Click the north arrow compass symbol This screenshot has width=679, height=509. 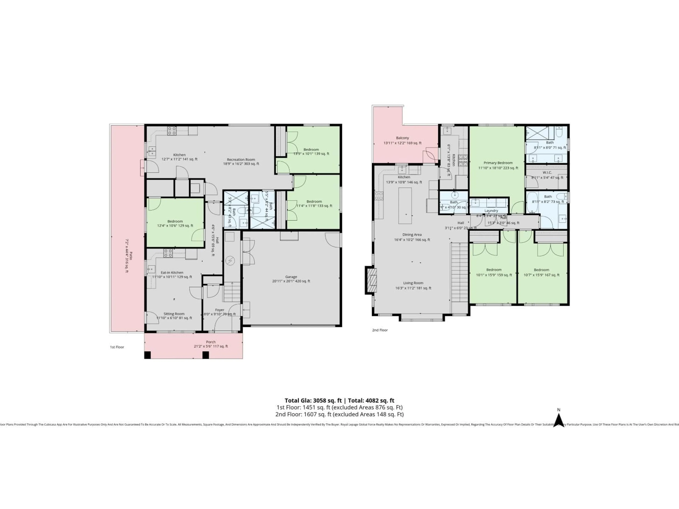[x=559, y=420]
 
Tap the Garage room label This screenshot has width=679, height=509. [x=291, y=277]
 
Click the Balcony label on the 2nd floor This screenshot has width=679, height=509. [x=402, y=138]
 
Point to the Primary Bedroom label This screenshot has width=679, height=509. [x=498, y=163]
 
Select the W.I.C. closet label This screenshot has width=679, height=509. [x=547, y=172]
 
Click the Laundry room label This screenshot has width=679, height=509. [x=491, y=211]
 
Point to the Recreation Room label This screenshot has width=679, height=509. [x=241, y=160]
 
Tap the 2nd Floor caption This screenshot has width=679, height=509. [x=380, y=330]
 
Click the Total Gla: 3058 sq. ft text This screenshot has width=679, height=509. [x=313, y=400]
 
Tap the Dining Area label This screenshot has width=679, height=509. [x=412, y=235]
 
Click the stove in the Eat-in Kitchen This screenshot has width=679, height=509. [x=168, y=253]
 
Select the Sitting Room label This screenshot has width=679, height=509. [x=174, y=314]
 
